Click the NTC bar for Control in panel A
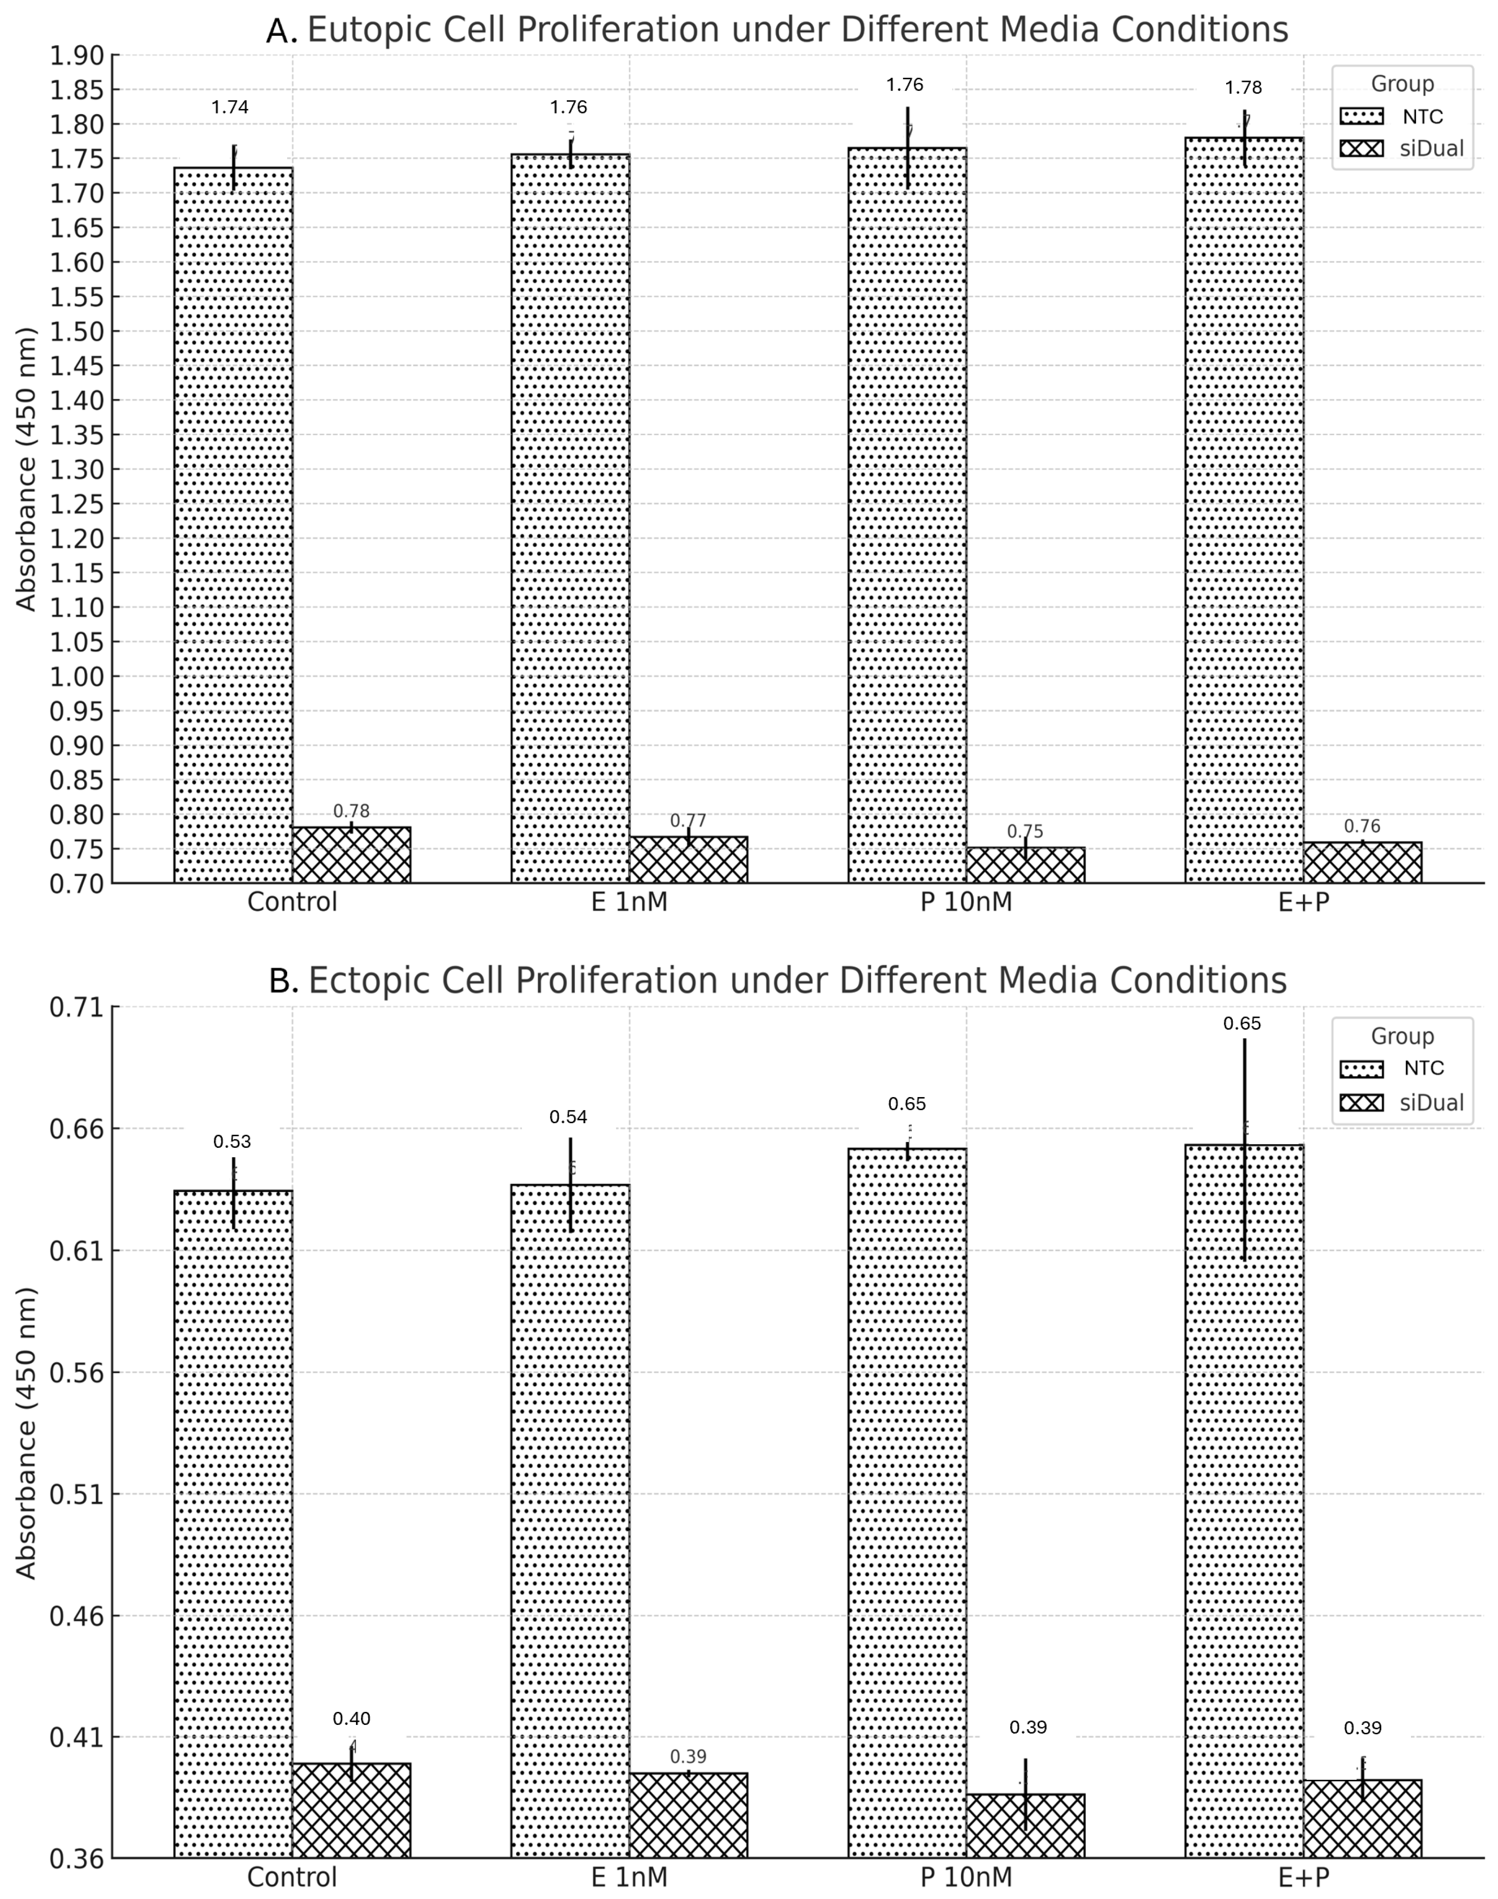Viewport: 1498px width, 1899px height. coord(233,526)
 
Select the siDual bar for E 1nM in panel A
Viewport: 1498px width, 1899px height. coord(688,860)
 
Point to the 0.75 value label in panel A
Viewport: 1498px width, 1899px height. coord(1025,832)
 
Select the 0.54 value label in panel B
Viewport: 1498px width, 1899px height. coord(568,1117)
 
